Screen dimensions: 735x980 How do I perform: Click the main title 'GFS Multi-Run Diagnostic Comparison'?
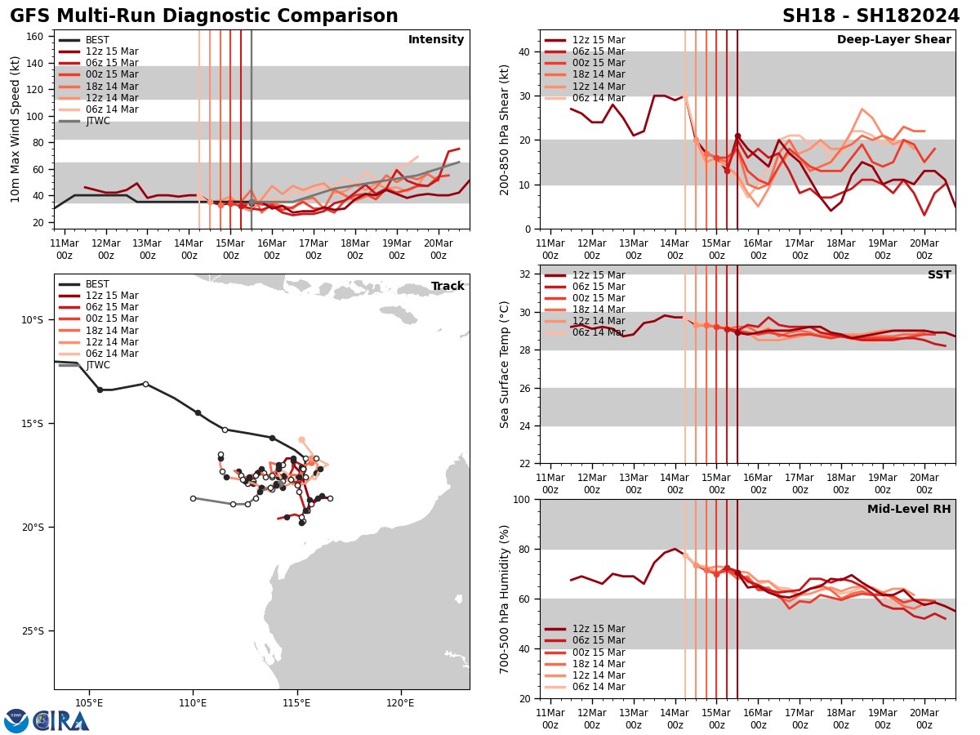click(x=204, y=16)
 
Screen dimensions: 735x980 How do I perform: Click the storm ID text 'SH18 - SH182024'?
click(x=871, y=16)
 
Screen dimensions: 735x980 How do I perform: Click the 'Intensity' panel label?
click(x=436, y=40)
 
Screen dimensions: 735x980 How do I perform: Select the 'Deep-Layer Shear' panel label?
click(x=893, y=40)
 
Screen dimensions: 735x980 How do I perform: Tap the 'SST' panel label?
click(x=939, y=275)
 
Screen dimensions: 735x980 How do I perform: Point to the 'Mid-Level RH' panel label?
click(x=909, y=510)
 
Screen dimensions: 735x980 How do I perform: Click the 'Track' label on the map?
click(x=448, y=287)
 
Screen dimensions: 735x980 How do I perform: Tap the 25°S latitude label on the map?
click(x=33, y=631)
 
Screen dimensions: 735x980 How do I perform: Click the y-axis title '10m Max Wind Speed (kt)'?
click(x=16, y=129)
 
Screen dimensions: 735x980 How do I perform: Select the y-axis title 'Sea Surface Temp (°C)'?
click(x=505, y=364)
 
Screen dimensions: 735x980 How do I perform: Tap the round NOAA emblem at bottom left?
click(x=16, y=721)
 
